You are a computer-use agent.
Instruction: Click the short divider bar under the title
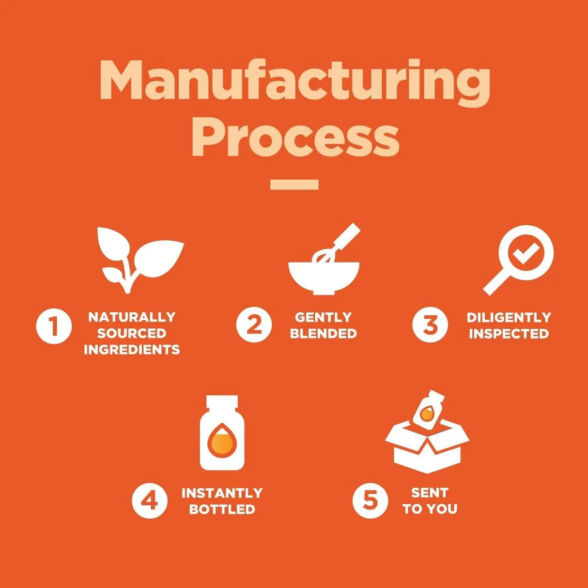pos(294,185)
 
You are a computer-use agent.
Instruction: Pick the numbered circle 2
pos(254,325)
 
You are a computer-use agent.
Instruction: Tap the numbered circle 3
pos(430,325)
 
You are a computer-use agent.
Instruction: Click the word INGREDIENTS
pos(132,350)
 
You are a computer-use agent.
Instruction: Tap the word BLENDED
pos(323,334)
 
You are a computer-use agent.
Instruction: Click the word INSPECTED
pos(509,334)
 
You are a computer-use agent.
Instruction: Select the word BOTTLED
pos(222,509)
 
